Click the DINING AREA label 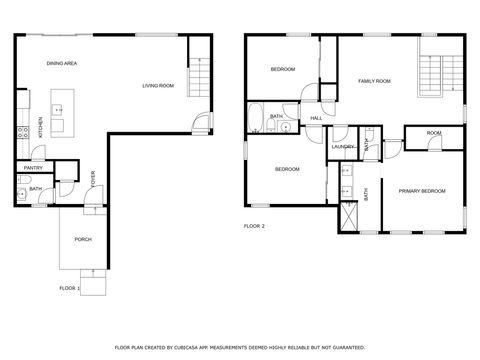point(62,64)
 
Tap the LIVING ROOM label point(158,86)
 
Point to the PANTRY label point(33,168)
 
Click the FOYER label point(94,180)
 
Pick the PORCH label point(83,239)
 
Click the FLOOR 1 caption point(69,288)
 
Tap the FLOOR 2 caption point(255,227)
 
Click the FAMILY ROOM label point(374,80)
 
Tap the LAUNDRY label point(343,147)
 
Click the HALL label point(316,119)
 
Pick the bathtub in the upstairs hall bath point(256,119)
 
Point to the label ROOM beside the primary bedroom point(434,133)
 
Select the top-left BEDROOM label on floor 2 point(283,69)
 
